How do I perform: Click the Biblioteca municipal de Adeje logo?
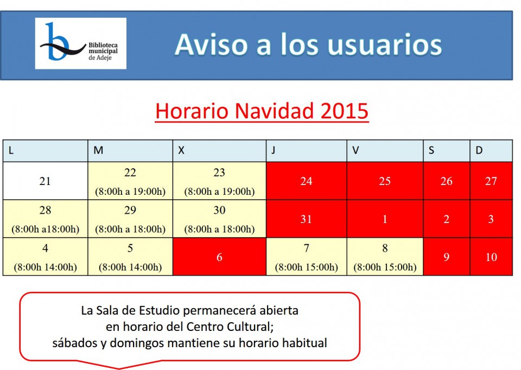pos(81,43)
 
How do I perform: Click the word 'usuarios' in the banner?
pos(385,45)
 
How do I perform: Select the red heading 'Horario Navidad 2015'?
pos(262,111)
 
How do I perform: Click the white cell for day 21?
pos(45,181)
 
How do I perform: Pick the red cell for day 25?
pos(385,181)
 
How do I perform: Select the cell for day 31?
pos(306,219)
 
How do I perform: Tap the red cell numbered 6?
pos(219,257)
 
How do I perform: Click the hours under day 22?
pos(130,192)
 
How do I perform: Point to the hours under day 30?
pos(219,229)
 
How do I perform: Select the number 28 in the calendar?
pos(45,210)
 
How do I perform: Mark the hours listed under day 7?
pos(306,267)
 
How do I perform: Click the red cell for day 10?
pos(491,257)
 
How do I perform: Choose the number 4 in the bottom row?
pos(45,248)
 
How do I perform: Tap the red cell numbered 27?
pos(491,181)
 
